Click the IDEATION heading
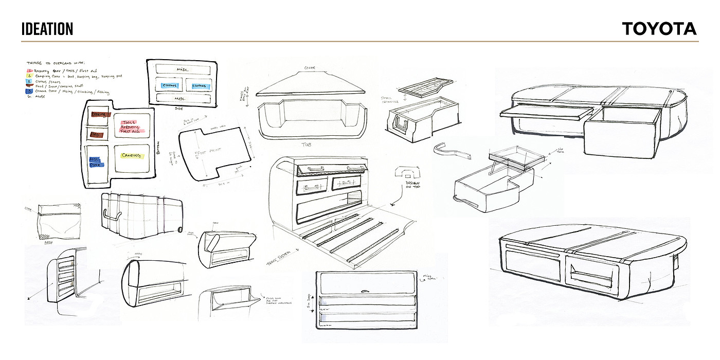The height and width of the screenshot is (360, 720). [x=47, y=29]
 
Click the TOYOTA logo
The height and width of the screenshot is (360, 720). [x=659, y=29]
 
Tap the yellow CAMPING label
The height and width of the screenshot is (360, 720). [x=131, y=155]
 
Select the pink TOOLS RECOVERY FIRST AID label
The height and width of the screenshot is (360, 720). [x=131, y=127]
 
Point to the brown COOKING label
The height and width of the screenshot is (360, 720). [x=98, y=114]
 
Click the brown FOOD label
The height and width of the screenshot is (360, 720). [x=96, y=134]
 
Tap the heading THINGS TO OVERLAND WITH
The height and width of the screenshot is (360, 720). [x=57, y=63]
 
